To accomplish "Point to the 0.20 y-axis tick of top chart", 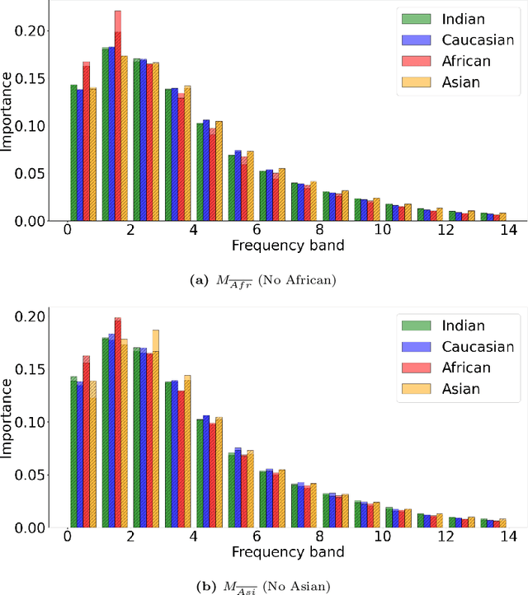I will (x=38, y=31).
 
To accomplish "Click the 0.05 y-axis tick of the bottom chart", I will (x=38, y=476).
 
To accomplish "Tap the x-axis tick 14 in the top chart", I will (x=506, y=230).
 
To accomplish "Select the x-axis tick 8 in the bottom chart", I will (x=318, y=537).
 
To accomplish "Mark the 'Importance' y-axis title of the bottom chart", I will (x=7, y=420).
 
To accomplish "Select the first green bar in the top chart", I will (x=73, y=152).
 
